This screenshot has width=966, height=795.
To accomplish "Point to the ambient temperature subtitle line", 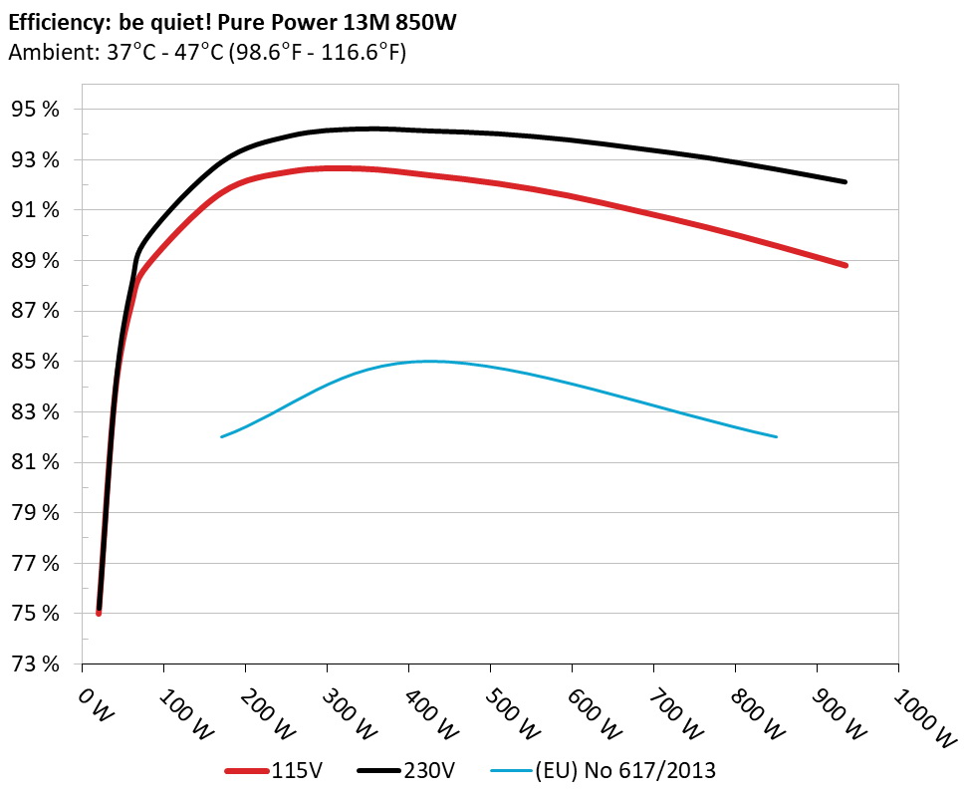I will (206, 53).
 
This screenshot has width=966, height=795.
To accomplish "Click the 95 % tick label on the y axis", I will (37, 110).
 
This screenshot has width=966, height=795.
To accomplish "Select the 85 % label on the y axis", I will (37, 362).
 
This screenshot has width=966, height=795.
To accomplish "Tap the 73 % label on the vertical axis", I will (37, 664).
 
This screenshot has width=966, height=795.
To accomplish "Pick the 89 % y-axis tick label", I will (37, 261).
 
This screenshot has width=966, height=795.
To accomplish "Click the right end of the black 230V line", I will (845, 181).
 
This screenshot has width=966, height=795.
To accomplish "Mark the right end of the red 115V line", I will (845, 265).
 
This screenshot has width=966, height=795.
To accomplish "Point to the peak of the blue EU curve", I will (428, 361).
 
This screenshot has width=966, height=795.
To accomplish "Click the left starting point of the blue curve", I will (221, 436).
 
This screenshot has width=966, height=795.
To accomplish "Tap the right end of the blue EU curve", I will (776, 436).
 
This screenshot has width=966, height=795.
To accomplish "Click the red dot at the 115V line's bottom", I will (99, 613).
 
